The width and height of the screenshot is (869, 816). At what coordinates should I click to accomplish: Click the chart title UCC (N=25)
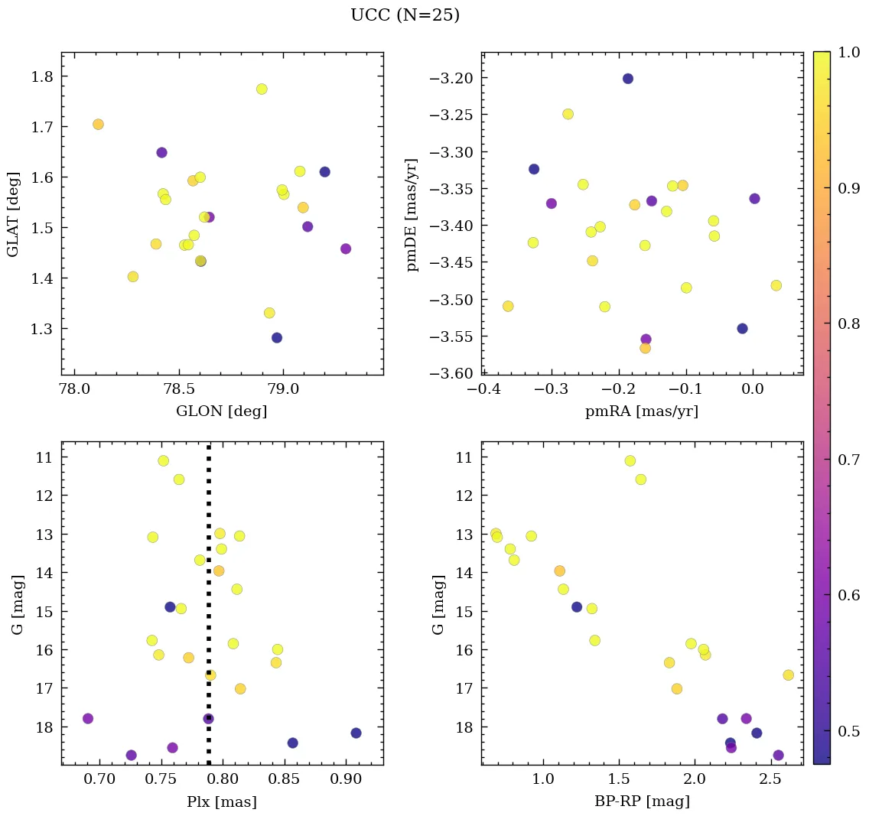point(405,15)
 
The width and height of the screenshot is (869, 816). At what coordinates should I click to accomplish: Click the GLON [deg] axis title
point(221,411)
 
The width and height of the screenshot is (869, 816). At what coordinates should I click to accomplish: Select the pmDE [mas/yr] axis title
point(412,215)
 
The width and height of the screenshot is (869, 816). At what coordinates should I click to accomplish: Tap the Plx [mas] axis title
point(221,801)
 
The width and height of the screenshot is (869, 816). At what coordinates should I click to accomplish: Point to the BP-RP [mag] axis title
point(642,801)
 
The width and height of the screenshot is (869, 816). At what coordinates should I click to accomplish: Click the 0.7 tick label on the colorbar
point(849,459)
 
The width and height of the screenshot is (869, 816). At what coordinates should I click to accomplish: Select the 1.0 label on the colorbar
point(849,53)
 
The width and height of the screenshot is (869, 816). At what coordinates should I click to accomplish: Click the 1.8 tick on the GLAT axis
point(41,76)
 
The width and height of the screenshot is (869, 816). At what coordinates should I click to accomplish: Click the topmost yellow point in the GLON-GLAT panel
point(262,89)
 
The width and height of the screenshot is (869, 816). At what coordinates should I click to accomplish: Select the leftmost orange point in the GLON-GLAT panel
point(98,124)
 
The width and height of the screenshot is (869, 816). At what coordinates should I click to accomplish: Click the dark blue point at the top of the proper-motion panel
point(628,78)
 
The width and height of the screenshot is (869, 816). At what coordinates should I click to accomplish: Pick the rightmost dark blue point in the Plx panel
point(356,733)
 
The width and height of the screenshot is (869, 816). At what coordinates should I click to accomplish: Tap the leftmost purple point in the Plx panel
point(88,718)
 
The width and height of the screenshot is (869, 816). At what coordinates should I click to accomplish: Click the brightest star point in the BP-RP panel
point(630,460)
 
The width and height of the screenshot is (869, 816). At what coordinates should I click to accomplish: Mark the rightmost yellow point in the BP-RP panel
point(788,675)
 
